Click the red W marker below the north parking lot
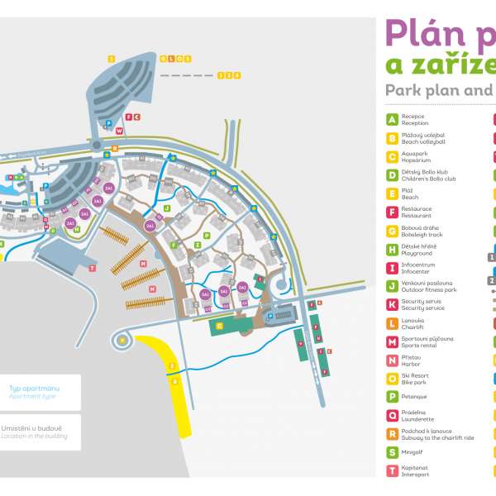click(119, 131)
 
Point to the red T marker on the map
click(93, 268)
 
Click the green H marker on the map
click(77, 230)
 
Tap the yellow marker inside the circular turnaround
click(122, 340)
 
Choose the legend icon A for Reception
click(392, 120)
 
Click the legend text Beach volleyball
click(423, 141)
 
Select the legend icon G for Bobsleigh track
click(392, 230)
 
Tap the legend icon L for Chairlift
click(392, 322)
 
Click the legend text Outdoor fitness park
click(429, 289)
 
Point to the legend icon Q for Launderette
click(392, 415)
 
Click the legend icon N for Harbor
click(392, 360)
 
